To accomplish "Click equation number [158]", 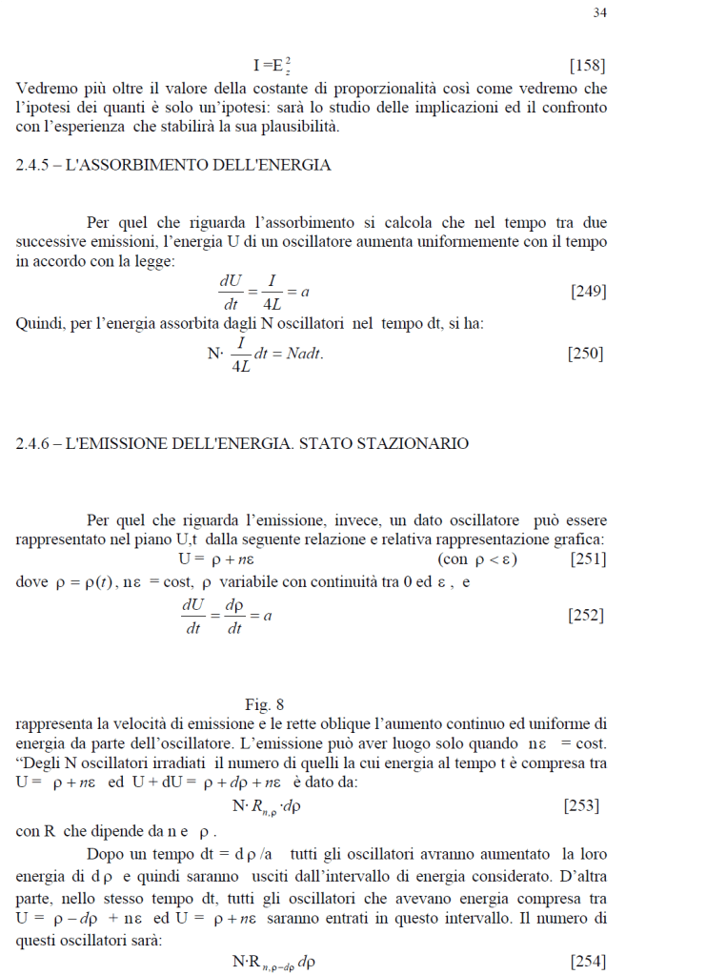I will [x=587, y=66].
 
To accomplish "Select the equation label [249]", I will [x=588, y=292].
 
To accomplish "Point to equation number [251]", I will [x=588, y=559].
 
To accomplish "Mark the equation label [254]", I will [x=587, y=962].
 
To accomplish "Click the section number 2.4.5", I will [x=37, y=165].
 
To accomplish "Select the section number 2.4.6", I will [x=37, y=443].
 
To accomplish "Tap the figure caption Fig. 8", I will [x=264, y=705].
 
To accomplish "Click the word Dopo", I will [x=105, y=854].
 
